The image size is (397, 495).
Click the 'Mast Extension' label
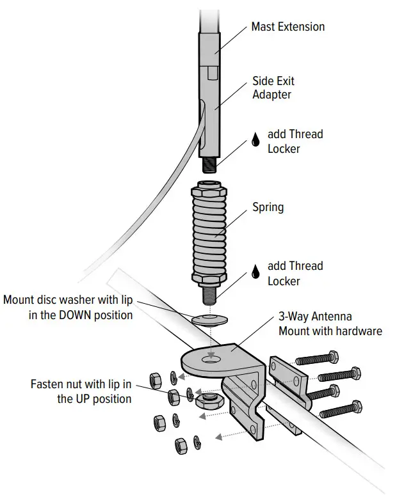[288, 27]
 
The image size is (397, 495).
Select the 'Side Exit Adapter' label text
[273, 88]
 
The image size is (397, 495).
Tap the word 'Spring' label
[268, 207]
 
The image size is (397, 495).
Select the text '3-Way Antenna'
[315, 317]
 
